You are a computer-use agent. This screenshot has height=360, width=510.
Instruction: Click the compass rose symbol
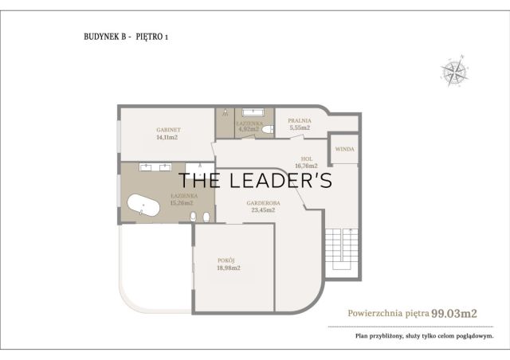click(454, 71)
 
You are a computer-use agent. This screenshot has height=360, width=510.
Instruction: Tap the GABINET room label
click(168, 130)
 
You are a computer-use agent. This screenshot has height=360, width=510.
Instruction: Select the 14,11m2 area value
click(167, 137)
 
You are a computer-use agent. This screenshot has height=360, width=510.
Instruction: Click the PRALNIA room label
click(300, 120)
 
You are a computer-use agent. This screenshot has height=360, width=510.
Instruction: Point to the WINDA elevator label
click(345, 149)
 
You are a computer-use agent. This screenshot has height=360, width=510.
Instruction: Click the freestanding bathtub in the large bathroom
click(143, 205)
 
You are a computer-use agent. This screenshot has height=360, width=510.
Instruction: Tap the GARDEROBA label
click(264, 203)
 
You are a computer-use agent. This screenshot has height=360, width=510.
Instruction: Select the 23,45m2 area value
click(263, 210)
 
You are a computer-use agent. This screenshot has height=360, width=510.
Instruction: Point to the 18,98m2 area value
click(229, 268)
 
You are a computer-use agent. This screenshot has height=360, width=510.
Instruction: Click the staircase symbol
click(342, 248)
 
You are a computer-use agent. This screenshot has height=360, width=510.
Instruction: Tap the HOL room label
click(307, 158)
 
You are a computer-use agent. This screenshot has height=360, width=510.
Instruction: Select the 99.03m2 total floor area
click(454, 314)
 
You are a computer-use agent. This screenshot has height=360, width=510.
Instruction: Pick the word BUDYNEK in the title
click(105, 37)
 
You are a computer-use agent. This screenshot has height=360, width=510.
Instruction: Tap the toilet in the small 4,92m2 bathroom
click(268, 130)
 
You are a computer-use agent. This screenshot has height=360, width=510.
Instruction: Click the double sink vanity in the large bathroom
click(155, 166)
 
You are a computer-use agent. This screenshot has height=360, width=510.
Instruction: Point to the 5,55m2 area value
click(300, 127)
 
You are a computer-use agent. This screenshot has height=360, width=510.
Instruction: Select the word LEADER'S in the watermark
click(281, 181)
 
